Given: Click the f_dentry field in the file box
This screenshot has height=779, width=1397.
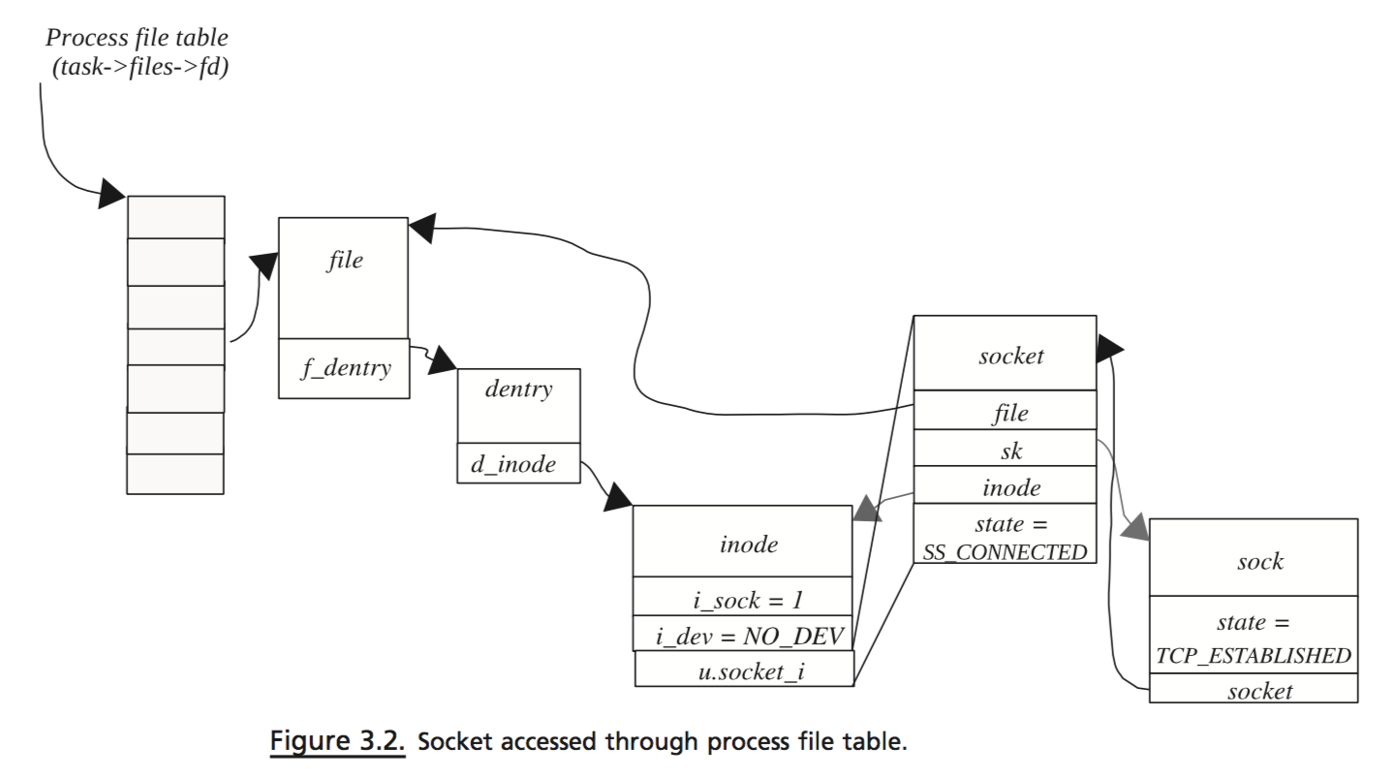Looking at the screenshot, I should click(345, 368).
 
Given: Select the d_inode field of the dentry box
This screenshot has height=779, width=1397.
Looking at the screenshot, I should click(513, 464).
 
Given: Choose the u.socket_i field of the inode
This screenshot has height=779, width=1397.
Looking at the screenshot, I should click(743, 670).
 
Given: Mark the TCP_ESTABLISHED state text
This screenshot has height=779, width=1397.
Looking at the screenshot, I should click(1254, 655).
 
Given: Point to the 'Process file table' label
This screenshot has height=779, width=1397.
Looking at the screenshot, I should click(137, 39).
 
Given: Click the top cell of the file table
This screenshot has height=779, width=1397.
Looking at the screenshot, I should click(175, 217).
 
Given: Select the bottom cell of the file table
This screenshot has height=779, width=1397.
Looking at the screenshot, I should click(175, 474).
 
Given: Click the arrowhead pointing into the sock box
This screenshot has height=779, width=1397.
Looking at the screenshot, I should click(1134, 529).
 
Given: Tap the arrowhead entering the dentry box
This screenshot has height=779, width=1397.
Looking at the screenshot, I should click(443, 361).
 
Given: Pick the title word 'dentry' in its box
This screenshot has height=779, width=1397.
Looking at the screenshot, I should click(518, 389).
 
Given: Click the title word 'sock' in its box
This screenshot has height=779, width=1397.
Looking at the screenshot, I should click(1259, 561).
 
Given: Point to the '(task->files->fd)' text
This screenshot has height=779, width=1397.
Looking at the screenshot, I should click(140, 69).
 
